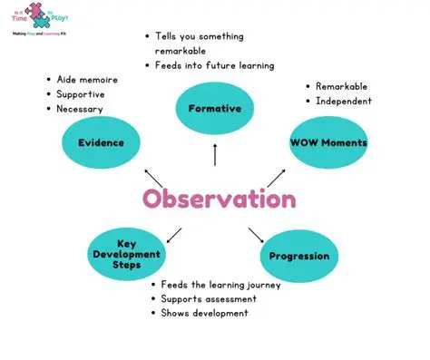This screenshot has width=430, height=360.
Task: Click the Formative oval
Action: [214, 108]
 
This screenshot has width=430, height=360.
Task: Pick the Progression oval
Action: [299, 257]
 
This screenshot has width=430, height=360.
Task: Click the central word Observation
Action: [219, 199]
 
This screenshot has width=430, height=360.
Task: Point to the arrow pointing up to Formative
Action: [215, 156]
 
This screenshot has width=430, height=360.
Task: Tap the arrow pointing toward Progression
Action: [256, 236]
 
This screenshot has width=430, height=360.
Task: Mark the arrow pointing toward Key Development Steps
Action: [174, 236]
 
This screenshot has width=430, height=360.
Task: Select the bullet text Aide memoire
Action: [87, 80]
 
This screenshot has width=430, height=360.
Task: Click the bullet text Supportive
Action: [81, 94]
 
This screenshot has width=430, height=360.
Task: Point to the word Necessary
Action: [80, 109]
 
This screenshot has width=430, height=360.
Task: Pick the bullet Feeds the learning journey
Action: [220, 284]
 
